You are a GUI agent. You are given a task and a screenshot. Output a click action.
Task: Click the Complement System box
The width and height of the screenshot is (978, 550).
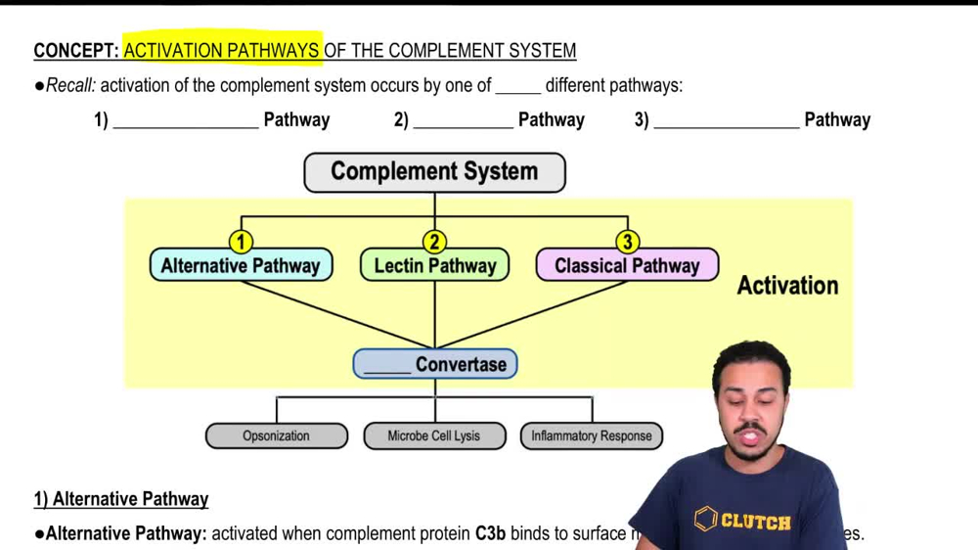coord(434,172)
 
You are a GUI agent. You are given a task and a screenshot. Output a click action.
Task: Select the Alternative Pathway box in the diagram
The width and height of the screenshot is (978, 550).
coord(241,265)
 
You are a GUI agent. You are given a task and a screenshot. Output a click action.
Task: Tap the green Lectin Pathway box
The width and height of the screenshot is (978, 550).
coord(434,265)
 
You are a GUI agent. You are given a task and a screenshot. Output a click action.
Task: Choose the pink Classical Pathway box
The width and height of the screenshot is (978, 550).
coord(627,265)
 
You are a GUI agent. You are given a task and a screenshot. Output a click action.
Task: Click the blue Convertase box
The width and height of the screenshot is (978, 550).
coord(435,364)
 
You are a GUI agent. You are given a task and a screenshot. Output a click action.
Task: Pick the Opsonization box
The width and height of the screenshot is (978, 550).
coord(276,435)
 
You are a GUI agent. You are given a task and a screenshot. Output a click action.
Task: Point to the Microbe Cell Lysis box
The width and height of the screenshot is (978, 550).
coord(434,435)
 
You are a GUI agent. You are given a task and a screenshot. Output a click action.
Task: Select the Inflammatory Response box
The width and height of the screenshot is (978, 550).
coord(592,435)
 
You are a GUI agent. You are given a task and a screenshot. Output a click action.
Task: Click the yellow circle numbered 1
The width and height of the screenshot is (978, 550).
coord(241,241)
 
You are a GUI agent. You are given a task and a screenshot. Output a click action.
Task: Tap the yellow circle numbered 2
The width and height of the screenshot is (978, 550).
coord(434,241)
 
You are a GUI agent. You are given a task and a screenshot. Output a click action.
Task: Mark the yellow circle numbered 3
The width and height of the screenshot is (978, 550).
coord(627,241)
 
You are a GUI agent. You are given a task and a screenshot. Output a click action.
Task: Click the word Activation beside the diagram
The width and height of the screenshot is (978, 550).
coord(787,286)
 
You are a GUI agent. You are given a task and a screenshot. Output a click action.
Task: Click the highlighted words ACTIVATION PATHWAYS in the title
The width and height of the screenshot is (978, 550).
coord(222,50)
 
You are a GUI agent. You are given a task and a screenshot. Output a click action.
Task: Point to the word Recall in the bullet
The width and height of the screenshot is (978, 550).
coord(70,85)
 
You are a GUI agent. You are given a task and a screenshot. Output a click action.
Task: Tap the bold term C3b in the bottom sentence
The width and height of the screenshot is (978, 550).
coord(491,533)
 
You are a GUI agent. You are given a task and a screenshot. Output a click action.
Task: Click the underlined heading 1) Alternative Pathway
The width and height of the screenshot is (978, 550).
coord(121,499)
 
